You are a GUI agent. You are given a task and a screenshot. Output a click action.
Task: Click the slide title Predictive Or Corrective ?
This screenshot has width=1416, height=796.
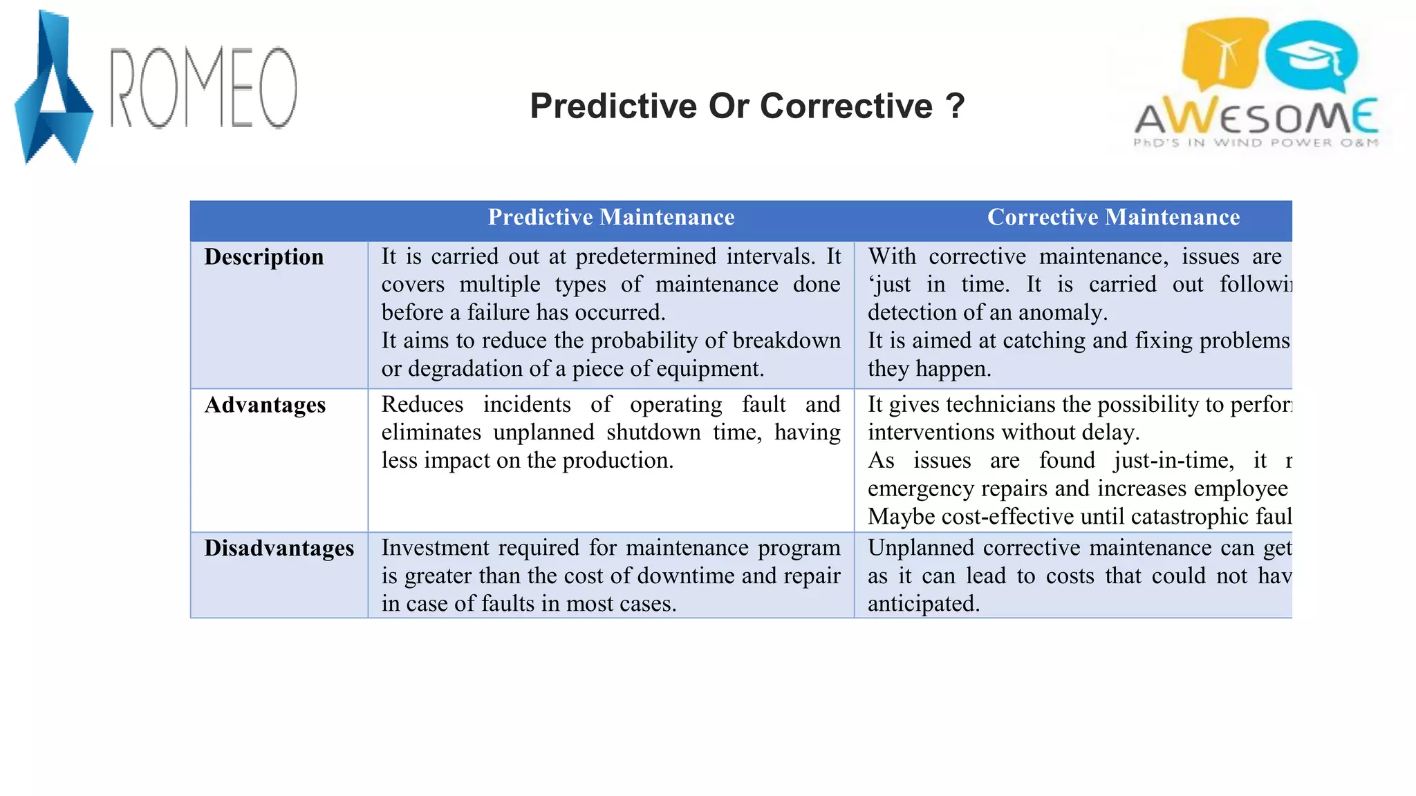746,106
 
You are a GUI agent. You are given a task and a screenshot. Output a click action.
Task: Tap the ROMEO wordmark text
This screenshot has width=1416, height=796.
204,88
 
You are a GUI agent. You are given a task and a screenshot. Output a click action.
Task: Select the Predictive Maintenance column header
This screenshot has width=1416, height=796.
611,218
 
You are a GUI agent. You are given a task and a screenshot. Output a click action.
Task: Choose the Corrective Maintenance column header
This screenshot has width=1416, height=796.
1113,218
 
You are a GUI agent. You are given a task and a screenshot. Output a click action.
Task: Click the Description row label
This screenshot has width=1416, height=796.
264,257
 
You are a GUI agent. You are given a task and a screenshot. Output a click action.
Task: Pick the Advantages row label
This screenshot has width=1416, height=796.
265,405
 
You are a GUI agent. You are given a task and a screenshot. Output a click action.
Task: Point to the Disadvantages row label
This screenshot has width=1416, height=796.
279,548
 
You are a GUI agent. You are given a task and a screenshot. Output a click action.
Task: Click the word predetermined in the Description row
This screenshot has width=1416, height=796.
646,256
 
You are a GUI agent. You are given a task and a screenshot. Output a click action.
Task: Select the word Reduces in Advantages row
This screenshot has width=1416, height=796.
422,404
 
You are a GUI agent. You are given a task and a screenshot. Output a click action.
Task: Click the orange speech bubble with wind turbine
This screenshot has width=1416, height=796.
1222,54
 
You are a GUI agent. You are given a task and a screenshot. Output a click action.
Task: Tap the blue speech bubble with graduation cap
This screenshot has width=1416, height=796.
1311,57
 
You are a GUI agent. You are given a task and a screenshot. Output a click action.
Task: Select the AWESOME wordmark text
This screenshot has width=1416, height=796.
1256,117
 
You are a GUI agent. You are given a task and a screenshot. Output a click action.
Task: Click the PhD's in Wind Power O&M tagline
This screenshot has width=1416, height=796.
1256,143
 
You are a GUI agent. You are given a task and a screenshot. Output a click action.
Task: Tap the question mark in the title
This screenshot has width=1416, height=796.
955,106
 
